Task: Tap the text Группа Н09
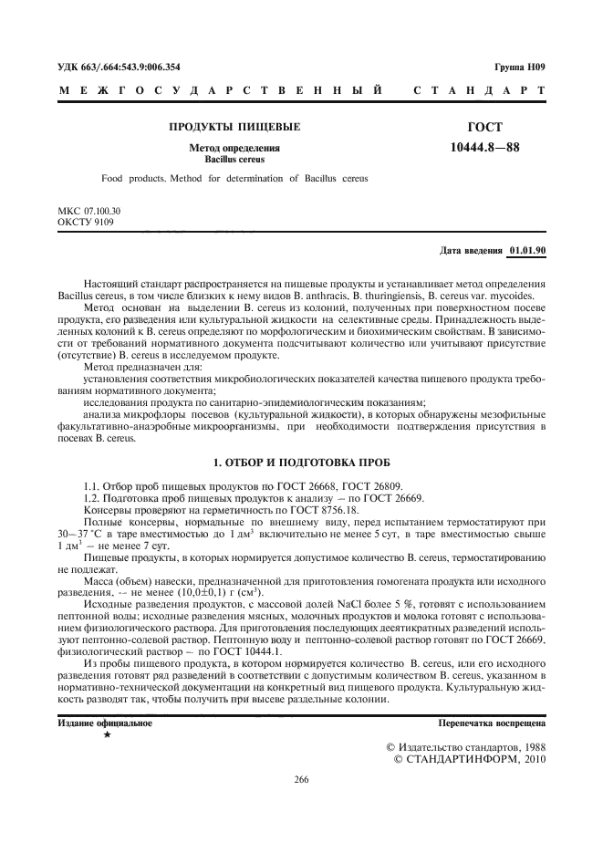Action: [x=520, y=67]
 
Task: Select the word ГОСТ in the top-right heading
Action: [x=483, y=127]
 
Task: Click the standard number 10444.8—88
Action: [x=483, y=146]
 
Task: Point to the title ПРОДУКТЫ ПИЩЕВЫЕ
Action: [x=234, y=127]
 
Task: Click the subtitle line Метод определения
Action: [x=234, y=148]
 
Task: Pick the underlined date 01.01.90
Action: [x=527, y=248]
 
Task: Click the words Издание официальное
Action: [x=104, y=723]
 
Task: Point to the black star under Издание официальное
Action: [x=108, y=734]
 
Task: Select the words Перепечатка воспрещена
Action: [x=493, y=723]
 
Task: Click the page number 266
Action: [x=302, y=780]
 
